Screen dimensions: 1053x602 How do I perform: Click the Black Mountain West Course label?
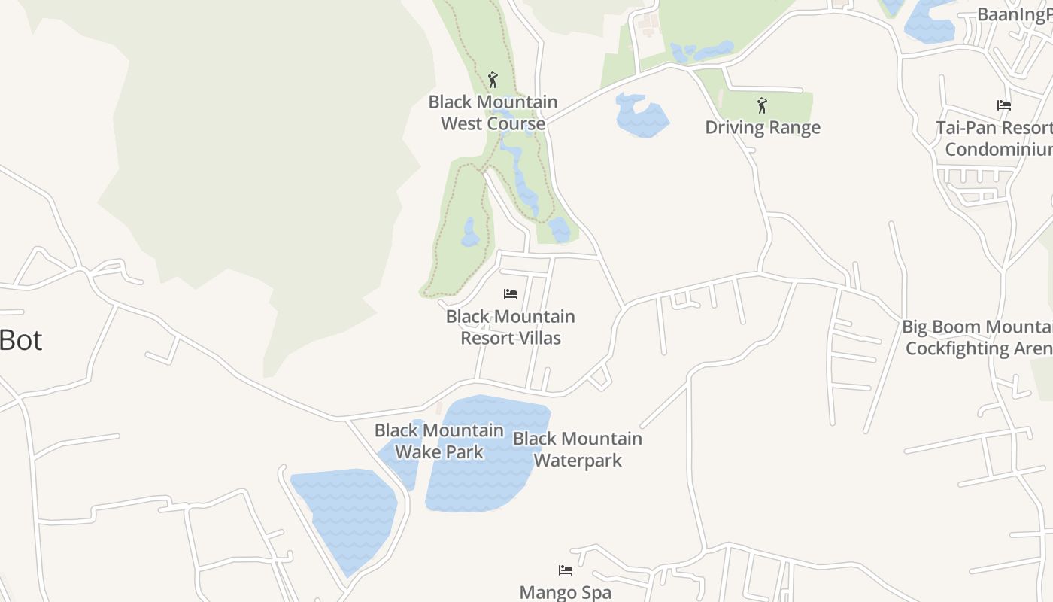click(493, 112)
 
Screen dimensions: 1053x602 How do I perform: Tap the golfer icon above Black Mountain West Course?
click(493, 79)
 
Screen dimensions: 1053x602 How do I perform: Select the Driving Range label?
click(762, 127)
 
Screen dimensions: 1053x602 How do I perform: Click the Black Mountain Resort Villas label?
click(511, 327)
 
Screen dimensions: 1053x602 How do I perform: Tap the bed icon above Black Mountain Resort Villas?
click(511, 293)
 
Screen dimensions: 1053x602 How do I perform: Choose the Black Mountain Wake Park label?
click(439, 441)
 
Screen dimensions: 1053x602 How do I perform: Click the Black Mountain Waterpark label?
click(578, 449)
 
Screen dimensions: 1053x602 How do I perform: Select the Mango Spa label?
click(566, 592)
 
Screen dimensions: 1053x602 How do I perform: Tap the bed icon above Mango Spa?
click(566, 570)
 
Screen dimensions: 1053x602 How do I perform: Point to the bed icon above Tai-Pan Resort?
click(1003, 105)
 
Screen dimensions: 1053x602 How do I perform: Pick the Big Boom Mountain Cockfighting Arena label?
click(978, 337)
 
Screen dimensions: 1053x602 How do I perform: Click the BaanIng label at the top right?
click(1014, 14)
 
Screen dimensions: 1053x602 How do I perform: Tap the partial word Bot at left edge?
click(21, 340)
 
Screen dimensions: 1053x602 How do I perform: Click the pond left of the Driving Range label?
click(640, 116)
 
